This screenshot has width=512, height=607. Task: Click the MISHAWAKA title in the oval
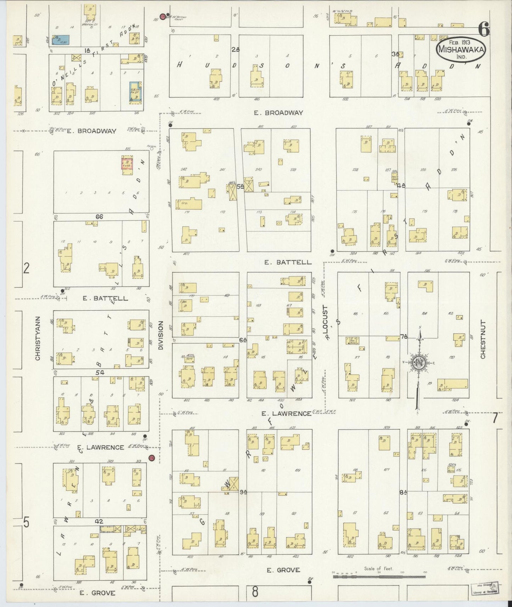pos(461,49)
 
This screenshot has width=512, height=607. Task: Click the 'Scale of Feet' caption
pos(379,569)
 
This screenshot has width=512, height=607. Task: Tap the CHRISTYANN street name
pos(38,339)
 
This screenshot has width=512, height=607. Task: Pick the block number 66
pos(99,217)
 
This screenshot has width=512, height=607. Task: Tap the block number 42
pos(99,521)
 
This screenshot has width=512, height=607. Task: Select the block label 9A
pos(243,492)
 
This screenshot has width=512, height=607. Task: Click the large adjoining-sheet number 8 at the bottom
pos(255,591)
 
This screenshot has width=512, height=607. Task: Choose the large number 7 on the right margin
pos(495,418)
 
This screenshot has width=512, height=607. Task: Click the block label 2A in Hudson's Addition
pos(235,50)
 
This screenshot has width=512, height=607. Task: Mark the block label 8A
pos(403,492)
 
